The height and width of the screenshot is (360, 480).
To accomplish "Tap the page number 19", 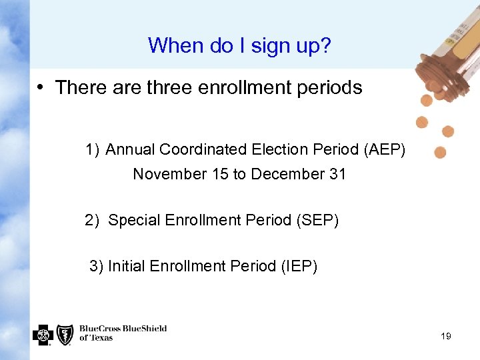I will [446, 336].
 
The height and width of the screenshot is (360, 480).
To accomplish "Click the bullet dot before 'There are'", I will [41, 88].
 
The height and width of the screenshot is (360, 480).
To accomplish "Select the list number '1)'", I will [92, 150].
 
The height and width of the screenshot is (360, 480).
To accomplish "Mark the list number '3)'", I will [97, 267].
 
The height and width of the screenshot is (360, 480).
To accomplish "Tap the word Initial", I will [127, 267].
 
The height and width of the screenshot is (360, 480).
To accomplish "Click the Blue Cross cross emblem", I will [43, 334].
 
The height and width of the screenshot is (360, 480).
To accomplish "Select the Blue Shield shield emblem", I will [65, 334].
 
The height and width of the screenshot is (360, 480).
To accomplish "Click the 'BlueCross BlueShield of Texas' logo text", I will [123, 333].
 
